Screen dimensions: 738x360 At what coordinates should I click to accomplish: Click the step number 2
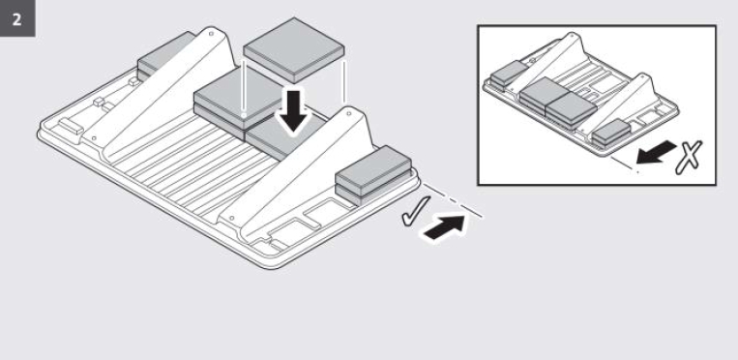17,19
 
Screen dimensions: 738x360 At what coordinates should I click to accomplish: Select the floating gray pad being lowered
294,50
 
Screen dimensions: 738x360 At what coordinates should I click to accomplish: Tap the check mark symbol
415,211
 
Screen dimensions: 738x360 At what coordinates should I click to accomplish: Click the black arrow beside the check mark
445,227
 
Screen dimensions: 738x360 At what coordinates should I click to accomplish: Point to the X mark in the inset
689,157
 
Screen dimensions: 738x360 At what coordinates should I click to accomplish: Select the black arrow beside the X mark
657,153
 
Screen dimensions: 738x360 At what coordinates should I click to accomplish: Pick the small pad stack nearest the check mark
374,175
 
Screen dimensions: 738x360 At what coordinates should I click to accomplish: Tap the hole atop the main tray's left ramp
211,34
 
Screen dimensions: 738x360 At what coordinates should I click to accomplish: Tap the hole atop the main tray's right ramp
348,113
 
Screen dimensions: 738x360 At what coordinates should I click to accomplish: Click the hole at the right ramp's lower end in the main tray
231,219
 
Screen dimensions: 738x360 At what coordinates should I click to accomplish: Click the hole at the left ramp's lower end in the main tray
94,138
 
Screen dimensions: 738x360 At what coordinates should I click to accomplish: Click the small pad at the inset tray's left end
508,75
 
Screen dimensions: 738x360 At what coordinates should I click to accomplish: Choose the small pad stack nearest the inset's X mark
611,132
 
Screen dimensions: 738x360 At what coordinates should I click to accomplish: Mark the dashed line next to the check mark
453,199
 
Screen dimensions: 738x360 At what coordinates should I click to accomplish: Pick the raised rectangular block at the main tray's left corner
71,126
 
